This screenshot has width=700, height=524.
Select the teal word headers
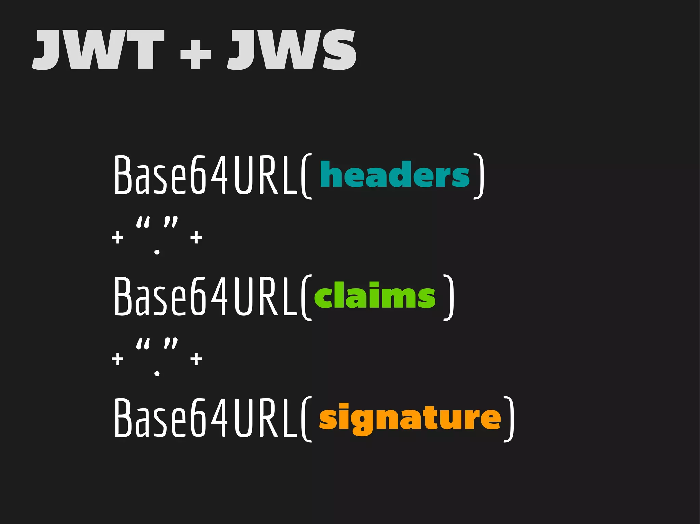(395, 174)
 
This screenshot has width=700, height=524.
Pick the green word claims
(375, 295)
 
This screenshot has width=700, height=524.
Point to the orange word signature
(410, 419)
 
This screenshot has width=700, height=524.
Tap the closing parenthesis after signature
(510, 419)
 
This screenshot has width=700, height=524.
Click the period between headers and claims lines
(157, 252)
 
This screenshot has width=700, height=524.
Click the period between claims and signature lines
(157, 373)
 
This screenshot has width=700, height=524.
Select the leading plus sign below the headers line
(118, 238)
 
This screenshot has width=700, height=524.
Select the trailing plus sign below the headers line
(196, 238)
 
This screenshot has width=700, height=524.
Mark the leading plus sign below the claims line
(118, 359)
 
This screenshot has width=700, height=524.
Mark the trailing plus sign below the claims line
(196, 359)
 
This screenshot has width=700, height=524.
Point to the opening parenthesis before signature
(307, 419)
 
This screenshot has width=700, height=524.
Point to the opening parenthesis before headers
(307, 176)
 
